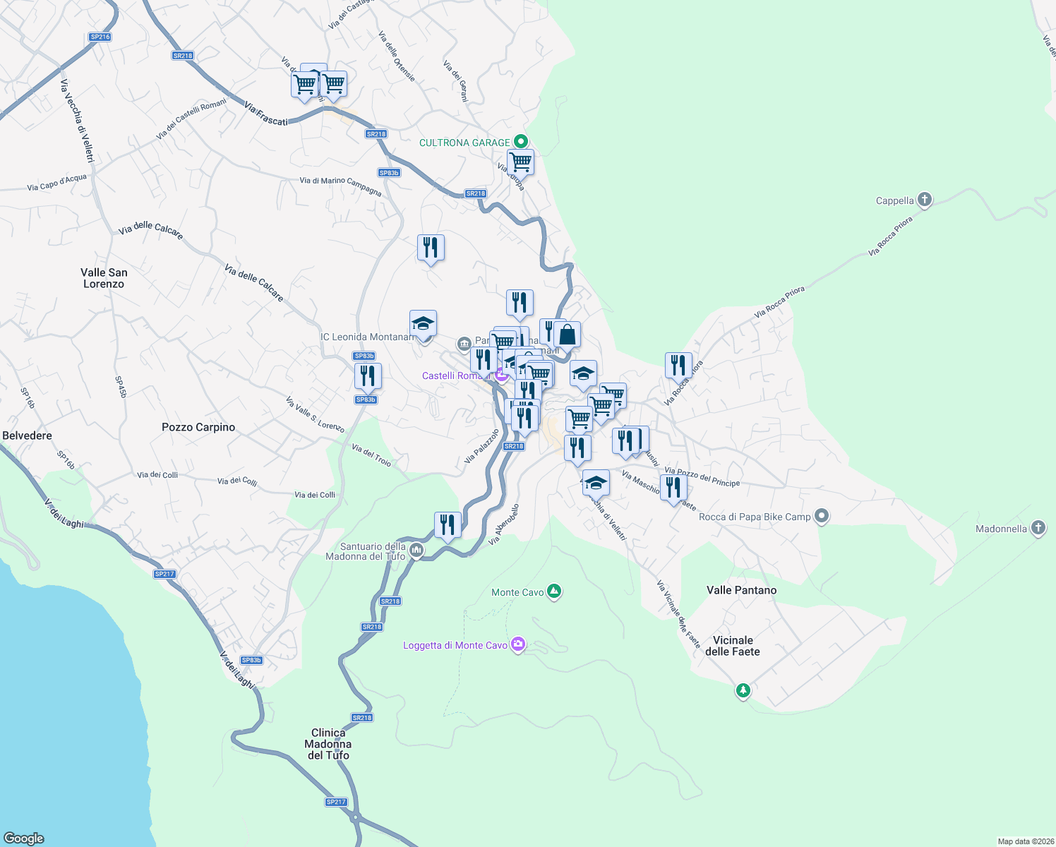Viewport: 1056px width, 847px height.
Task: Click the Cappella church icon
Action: tap(924, 200)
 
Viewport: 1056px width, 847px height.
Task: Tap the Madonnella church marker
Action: tap(1038, 528)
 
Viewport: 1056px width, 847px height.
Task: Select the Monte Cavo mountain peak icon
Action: tap(554, 591)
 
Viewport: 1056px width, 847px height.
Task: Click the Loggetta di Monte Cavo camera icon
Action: tap(518, 644)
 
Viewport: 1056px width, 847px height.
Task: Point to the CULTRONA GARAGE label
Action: tap(464, 143)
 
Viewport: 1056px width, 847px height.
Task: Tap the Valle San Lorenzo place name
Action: tap(104, 278)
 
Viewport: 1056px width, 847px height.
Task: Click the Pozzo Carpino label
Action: tap(198, 427)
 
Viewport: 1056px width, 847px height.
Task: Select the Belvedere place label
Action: tap(28, 435)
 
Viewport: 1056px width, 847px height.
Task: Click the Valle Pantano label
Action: tap(741, 590)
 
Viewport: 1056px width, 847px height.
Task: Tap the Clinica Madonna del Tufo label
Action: tap(328, 744)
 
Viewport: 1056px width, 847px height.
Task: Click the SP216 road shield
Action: tap(100, 37)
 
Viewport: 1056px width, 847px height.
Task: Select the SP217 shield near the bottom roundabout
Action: tap(336, 802)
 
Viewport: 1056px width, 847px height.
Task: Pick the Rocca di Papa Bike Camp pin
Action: tap(821, 516)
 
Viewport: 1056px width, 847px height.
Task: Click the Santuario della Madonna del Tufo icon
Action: tap(416, 551)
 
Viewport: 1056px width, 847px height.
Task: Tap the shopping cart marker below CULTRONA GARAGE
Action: tap(520, 162)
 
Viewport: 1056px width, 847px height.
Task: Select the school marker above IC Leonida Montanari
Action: tap(423, 323)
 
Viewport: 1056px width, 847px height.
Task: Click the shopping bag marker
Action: tap(567, 335)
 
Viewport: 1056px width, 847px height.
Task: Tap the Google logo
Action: tap(24, 838)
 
